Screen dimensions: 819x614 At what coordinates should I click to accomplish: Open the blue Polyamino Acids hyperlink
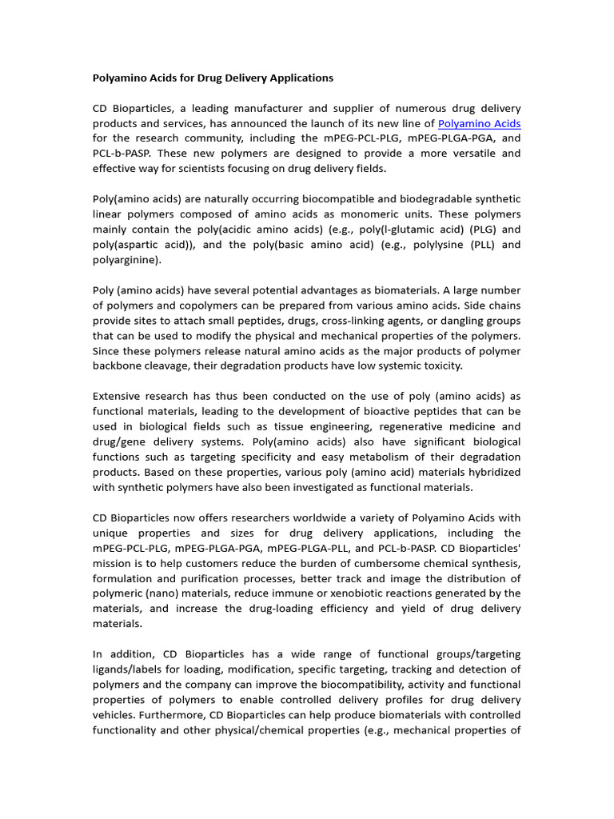480,123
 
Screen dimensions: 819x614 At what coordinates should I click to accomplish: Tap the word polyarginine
126,260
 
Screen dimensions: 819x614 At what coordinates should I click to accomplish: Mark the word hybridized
486,472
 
